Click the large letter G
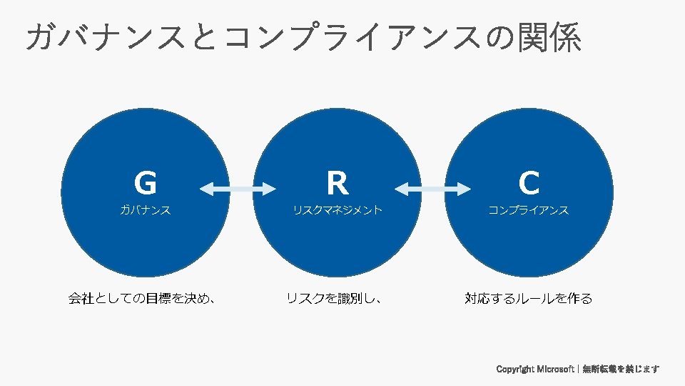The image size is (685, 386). click(x=145, y=184)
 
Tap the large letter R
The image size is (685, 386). click(x=337, y=184)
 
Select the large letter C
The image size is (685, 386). click(x=529, y=184)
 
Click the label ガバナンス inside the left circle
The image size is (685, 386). click(x=145, y=210)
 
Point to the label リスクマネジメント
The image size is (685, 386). click(x=337, y=210)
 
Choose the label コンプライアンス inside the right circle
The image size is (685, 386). click(x=529, y=210)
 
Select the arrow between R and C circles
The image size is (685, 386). click(x=432, y=189)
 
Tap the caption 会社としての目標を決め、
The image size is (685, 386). click(x=143, y=299)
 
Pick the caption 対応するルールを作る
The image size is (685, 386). click(x=529, y=299)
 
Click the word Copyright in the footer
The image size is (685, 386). click(x=515, y=370)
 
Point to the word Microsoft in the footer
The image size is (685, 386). click(x=555, y=370)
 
